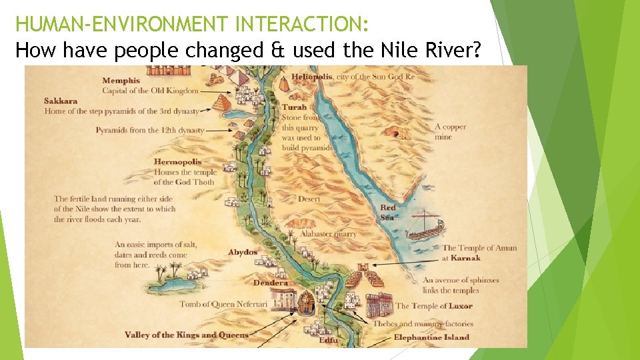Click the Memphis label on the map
coord(121,81)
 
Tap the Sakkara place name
coord(61,101)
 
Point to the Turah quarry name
coord(294,107)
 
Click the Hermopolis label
coord(177,162)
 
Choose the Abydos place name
coord(243,253)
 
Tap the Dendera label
coord(270,283)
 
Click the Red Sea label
coord(387,212)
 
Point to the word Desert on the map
coord(309,199)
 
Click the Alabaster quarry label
coord(328,234)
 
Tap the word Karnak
coord(465,258)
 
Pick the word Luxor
coord(460,306)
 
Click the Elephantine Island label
coord(431,337)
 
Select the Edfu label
coord(328,341)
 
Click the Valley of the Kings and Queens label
coord(186,335)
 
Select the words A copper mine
coord(450,131)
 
